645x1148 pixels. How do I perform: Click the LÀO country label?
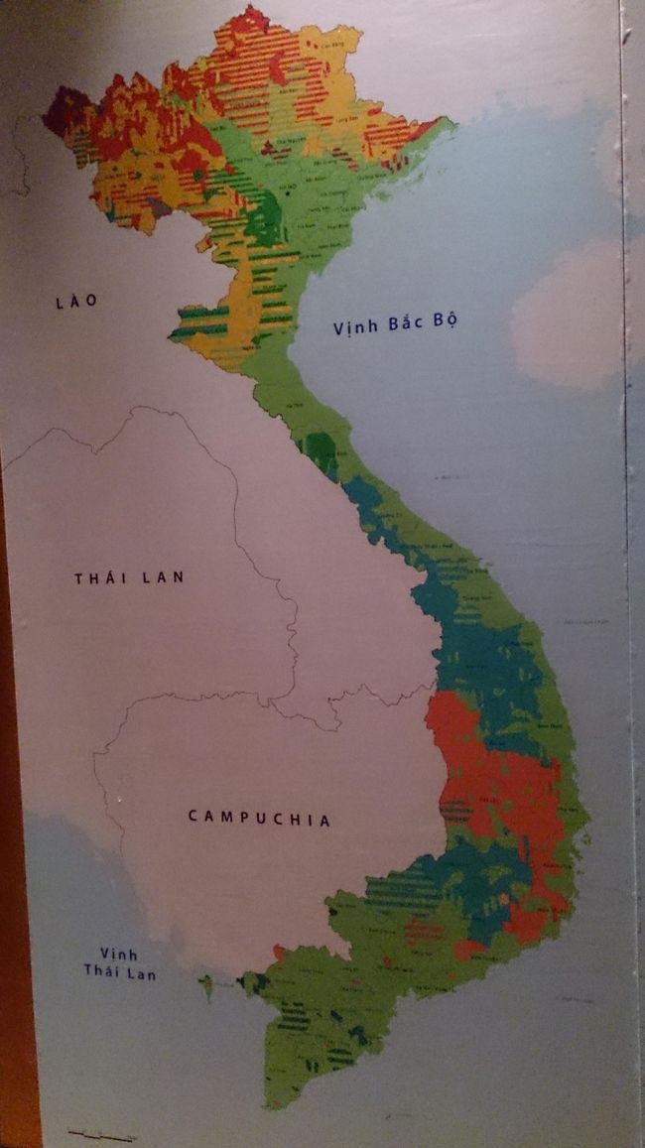[77, 301]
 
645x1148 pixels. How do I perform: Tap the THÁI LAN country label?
[129, 577]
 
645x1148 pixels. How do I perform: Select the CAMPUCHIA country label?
[259, 818]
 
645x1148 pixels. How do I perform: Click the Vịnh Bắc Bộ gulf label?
[397, 323]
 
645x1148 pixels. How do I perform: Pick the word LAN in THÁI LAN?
[163, 577]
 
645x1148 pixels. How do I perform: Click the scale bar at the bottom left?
[100, 1133]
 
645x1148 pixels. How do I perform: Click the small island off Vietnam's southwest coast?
[206, 985]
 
